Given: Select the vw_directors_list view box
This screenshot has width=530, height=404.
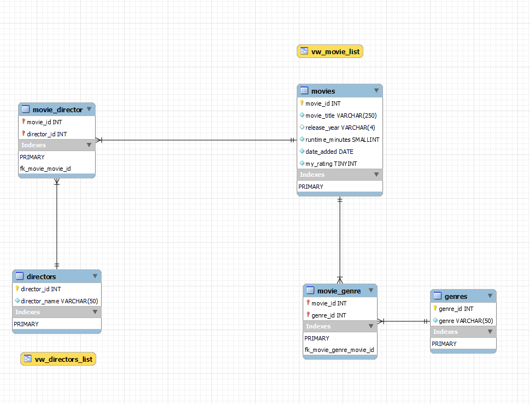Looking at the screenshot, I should [58, 359].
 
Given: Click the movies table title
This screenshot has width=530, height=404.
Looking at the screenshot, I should [323, 90].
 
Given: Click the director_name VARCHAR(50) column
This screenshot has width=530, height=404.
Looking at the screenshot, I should [60, 301].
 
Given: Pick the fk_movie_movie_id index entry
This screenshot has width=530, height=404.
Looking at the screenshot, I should [45, 169].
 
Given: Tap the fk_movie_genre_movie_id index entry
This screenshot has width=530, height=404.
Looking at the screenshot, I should [339, 350].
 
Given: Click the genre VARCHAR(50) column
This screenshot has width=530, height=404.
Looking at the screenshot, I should [466, 321].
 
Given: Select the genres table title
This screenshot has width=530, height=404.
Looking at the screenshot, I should [456, 296].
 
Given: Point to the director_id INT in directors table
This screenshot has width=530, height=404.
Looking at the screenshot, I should [41, 289].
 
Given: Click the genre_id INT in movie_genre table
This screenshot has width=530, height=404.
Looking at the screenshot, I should [328, 315].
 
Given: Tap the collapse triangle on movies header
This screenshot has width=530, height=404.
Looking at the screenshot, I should [376, 90].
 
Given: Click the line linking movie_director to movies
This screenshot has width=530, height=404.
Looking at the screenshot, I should [197, 140].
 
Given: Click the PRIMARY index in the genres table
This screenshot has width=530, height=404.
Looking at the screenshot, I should [444, 344].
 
